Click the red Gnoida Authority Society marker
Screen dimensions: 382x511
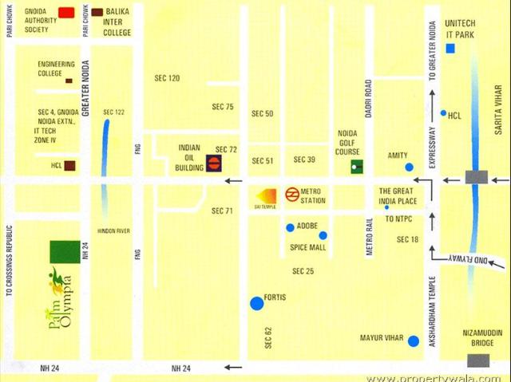tap(67, 13)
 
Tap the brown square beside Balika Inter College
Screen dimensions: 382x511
tap(97, 13)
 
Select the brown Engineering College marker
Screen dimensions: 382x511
tap(69, 81)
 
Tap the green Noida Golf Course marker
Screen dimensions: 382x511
tap(356, 167)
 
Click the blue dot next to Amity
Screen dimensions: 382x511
tap(410, 167)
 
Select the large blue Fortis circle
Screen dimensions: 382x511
tap(256, 303)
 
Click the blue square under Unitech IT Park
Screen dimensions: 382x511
tap(450, 49)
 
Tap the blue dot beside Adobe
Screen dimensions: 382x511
tap(291, 227)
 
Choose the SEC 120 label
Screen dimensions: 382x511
tap(167, 78)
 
